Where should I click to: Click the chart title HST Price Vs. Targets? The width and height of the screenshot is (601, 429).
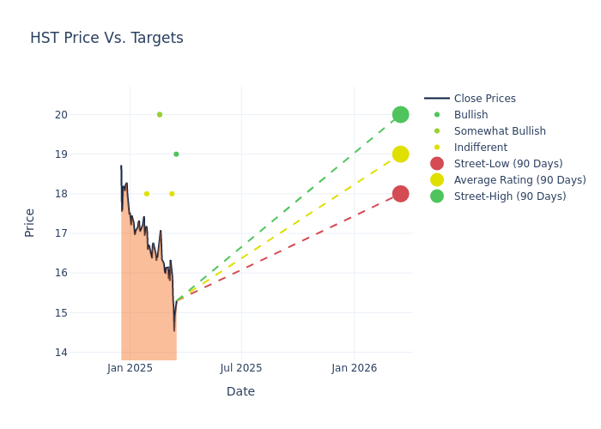[x=106, y=39]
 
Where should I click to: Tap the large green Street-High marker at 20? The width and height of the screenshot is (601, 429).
[x=400, y=114]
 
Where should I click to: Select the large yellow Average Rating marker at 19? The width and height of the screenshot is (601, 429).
[x=400, y=154]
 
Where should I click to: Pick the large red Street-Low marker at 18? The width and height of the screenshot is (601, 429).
[x=400, y=194]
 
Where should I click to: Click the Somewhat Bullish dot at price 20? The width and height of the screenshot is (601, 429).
[x=160, y=114]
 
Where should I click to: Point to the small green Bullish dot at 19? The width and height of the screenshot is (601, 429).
[x=176, y=154]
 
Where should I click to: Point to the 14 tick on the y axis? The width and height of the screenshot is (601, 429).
[x=61, y=353]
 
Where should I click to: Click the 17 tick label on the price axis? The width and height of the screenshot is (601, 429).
[x=61, y=233]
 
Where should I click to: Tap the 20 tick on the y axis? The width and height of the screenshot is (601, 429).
[x=61, y=115]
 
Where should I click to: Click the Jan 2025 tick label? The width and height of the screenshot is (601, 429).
[x=131, y=368]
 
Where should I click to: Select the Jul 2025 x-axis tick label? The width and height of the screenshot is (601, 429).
[x=241, y=368]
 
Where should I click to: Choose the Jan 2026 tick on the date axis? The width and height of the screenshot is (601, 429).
[x=354, y=368]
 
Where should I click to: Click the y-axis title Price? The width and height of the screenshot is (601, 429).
[x=30, y=222]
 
